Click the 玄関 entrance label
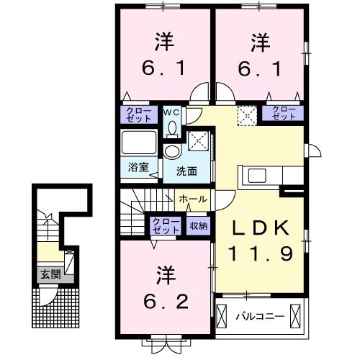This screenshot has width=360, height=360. point(50,274)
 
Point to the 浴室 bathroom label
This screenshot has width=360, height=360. point(139,166)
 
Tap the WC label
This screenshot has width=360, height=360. point(173,112)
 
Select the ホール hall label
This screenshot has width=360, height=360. point(192,199)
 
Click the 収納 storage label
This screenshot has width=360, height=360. point(199,225)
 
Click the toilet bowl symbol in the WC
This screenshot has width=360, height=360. point(173,127)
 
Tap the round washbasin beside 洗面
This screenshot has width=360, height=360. point(172,151)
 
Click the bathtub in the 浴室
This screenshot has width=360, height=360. point(139,140)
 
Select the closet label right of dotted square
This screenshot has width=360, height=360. point(284,112)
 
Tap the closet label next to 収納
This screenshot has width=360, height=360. point(166,225)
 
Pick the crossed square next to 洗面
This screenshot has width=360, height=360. point(198,140)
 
